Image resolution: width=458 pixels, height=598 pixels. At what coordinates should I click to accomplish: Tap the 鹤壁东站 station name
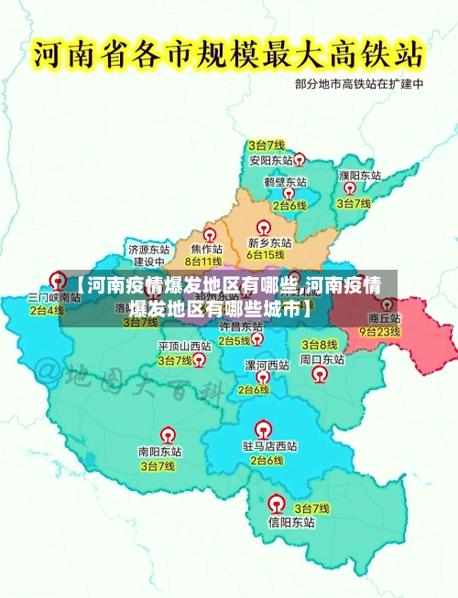(x=285, y=182)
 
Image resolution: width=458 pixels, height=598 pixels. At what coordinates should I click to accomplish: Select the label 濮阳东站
(x=359, y=175)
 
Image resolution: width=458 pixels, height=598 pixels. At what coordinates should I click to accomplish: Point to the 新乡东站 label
(x=269, y=243)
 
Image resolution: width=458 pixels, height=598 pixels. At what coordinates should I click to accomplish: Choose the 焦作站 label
(x=206, y=249)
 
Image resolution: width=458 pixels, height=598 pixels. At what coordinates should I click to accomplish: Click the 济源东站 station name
(x=148, y=249)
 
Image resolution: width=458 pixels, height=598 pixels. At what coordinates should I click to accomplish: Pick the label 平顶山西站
(x=184, y=347)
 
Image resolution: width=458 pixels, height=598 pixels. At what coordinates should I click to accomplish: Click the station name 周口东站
(x=322, y=359)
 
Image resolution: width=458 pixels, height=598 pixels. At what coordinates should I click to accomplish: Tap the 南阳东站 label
(x=159, y=452)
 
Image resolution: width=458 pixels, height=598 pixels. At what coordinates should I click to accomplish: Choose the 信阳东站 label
(x=291, y=523)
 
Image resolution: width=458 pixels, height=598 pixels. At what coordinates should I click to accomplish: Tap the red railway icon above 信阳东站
(x=276, y=502)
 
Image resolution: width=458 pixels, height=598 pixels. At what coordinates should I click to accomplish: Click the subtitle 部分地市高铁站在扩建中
(x=360, y=84)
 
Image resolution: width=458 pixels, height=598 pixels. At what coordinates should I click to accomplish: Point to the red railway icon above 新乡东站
(x=263, y=227)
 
